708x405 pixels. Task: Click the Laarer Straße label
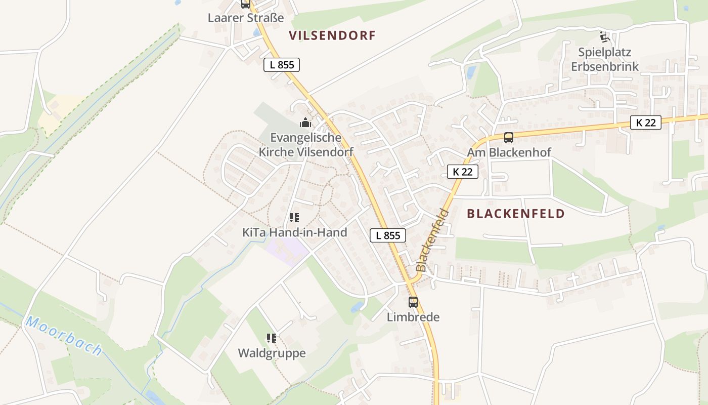(246, 18)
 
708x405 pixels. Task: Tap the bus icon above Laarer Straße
(246, 4)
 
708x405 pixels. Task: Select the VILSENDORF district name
(332, 35)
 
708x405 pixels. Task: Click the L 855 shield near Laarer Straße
(282, 65)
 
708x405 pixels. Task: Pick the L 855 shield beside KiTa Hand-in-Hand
(388, 235)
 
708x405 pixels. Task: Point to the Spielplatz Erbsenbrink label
(605, 59)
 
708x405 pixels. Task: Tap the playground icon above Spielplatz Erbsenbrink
(605, 36)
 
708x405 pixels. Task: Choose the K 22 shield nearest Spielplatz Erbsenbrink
(646, 123)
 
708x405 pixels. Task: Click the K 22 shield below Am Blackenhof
(463, 172)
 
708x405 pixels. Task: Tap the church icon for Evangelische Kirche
(305, 123)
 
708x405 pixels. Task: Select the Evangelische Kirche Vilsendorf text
(306, 145)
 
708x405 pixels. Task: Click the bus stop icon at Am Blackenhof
(509, 137)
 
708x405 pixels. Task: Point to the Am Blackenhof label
(509, 152)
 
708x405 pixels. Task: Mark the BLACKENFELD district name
(515, 214)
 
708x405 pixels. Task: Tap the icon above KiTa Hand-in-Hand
(294, 218)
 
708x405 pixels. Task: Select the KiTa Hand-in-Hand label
(295, 233)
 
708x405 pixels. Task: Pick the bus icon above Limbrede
(413, 302)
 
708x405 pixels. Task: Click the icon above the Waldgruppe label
(272, 338)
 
